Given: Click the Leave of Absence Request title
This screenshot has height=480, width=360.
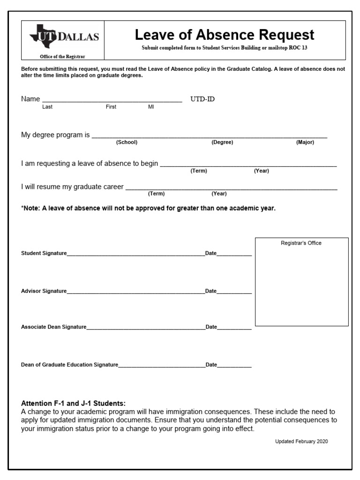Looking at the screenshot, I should tap(225, 35).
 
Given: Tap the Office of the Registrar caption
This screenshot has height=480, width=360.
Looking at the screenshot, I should tap(62, 57).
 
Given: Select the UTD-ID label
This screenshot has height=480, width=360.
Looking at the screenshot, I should tap(202, 99).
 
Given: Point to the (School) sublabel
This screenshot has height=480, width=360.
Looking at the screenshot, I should tap(127, 142).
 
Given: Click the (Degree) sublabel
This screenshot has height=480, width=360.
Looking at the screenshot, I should tap(222, 142).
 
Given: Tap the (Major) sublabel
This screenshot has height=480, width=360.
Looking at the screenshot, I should tap(305, 142).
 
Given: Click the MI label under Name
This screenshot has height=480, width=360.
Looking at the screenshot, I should tap(151, 107).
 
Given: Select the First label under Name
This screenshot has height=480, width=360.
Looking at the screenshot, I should tap(111, 107).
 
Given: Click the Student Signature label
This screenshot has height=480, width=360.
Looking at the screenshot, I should tap(44, 253).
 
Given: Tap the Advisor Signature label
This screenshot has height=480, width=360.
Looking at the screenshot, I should tap(44, 291).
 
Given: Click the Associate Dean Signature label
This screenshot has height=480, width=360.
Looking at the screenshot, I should tap(54, 327).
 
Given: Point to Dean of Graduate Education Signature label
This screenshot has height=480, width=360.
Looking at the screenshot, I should tap(69, 364).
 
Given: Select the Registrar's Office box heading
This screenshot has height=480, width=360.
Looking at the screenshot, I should tap(301, 243).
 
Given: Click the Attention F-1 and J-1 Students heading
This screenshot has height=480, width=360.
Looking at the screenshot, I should tap(74, 403).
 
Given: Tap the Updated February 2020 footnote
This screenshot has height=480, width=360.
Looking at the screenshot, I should tap(301, 442).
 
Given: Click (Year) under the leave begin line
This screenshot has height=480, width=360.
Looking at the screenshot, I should tap(262, 171).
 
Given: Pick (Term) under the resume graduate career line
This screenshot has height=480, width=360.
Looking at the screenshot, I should tap(156, 194).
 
